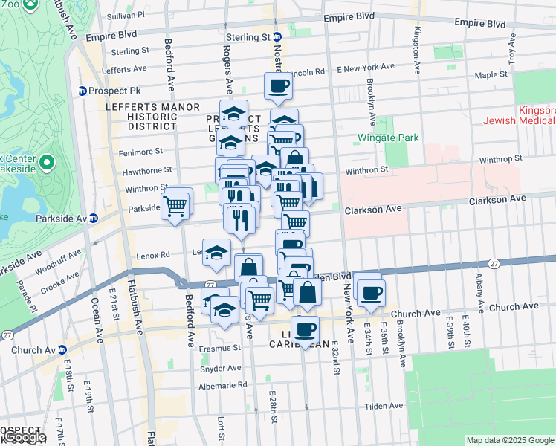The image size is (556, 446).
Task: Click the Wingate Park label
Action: click(388, 138)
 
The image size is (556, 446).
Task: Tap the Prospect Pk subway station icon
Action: click(82, 91)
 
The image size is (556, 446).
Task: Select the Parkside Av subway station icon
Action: click(94, 219)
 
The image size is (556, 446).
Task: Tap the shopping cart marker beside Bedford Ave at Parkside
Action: click(177, 205)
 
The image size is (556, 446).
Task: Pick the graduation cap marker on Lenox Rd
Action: click(216, 253)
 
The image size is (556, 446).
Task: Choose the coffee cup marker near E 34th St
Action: click(369, 291)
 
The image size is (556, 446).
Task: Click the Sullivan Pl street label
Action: click(125, 15)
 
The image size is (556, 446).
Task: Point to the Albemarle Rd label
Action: click(222, 385)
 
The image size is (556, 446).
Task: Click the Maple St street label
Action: click(491, 75)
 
